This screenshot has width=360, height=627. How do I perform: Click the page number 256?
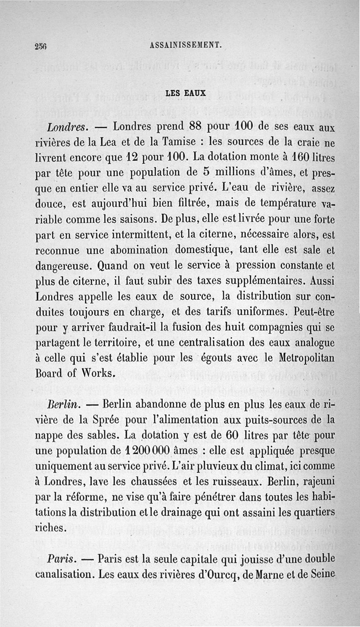[x=41, y=45]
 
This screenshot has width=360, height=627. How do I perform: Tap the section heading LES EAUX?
[x=185, y=94]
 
